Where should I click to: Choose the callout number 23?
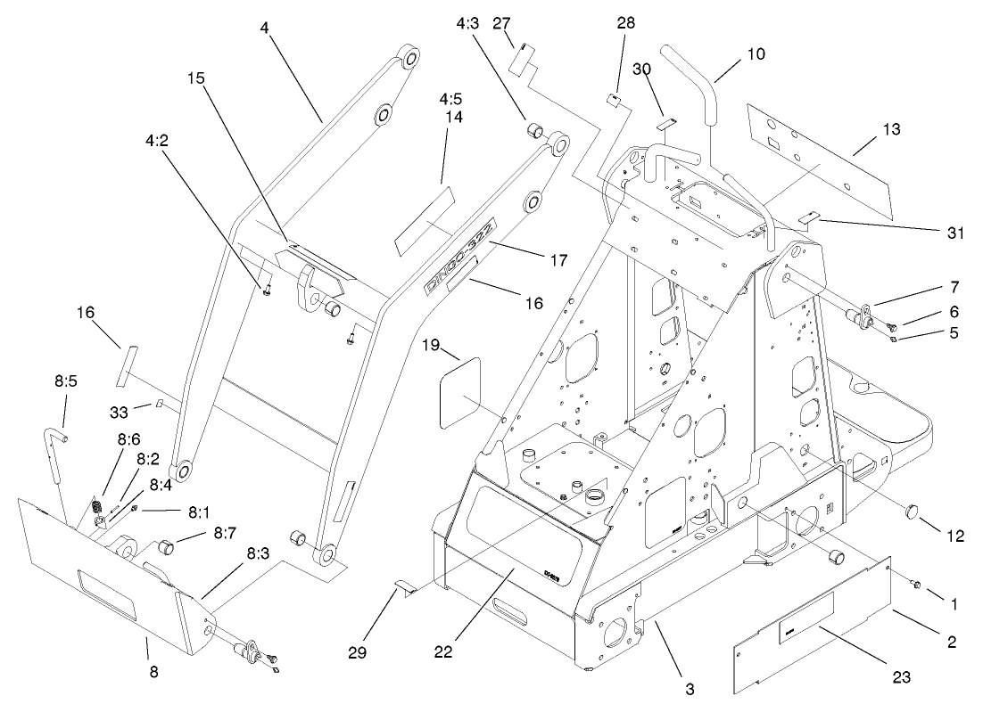[x=904, y=676]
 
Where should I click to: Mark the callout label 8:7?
[x=224, y=532]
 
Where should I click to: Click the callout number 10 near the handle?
[x=756, y=54]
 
